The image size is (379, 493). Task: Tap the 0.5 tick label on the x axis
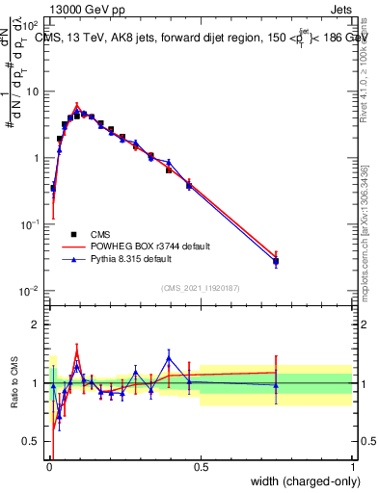click(201, 468)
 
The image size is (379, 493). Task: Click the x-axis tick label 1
click(353, 468)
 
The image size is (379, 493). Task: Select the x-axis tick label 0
click(48, 468)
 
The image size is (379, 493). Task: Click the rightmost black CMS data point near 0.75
click(276, 261)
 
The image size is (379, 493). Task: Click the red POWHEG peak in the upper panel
click(77, 107)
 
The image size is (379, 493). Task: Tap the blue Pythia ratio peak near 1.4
click(169, 358)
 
